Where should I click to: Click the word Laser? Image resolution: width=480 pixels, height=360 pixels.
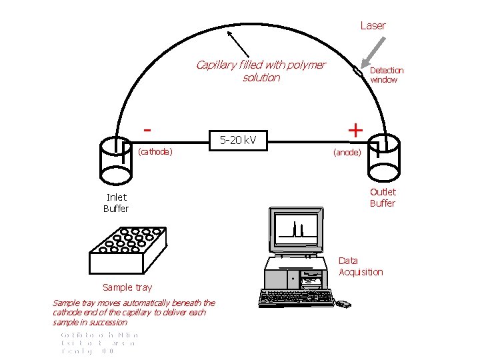[x=373, y=25]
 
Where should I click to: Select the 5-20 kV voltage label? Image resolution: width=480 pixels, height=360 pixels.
[x=238, y=140]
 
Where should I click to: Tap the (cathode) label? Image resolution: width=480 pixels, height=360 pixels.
[x=155, y=151]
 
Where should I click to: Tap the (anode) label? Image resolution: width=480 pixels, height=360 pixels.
[x=347, y=152]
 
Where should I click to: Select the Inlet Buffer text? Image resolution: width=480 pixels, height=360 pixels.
[x=116, y=203]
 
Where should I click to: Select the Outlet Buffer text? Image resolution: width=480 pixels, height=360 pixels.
[x=383, y=197]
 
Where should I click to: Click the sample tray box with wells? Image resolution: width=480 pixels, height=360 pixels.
[x=127, y=250]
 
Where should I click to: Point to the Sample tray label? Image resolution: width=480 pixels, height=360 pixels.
[x=127, y=287]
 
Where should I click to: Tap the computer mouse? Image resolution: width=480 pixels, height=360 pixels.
[x=343, y=304]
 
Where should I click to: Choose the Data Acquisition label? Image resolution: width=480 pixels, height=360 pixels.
[x=361, y=266]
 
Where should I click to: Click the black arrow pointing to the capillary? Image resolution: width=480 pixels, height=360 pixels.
[x=239, y=47]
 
